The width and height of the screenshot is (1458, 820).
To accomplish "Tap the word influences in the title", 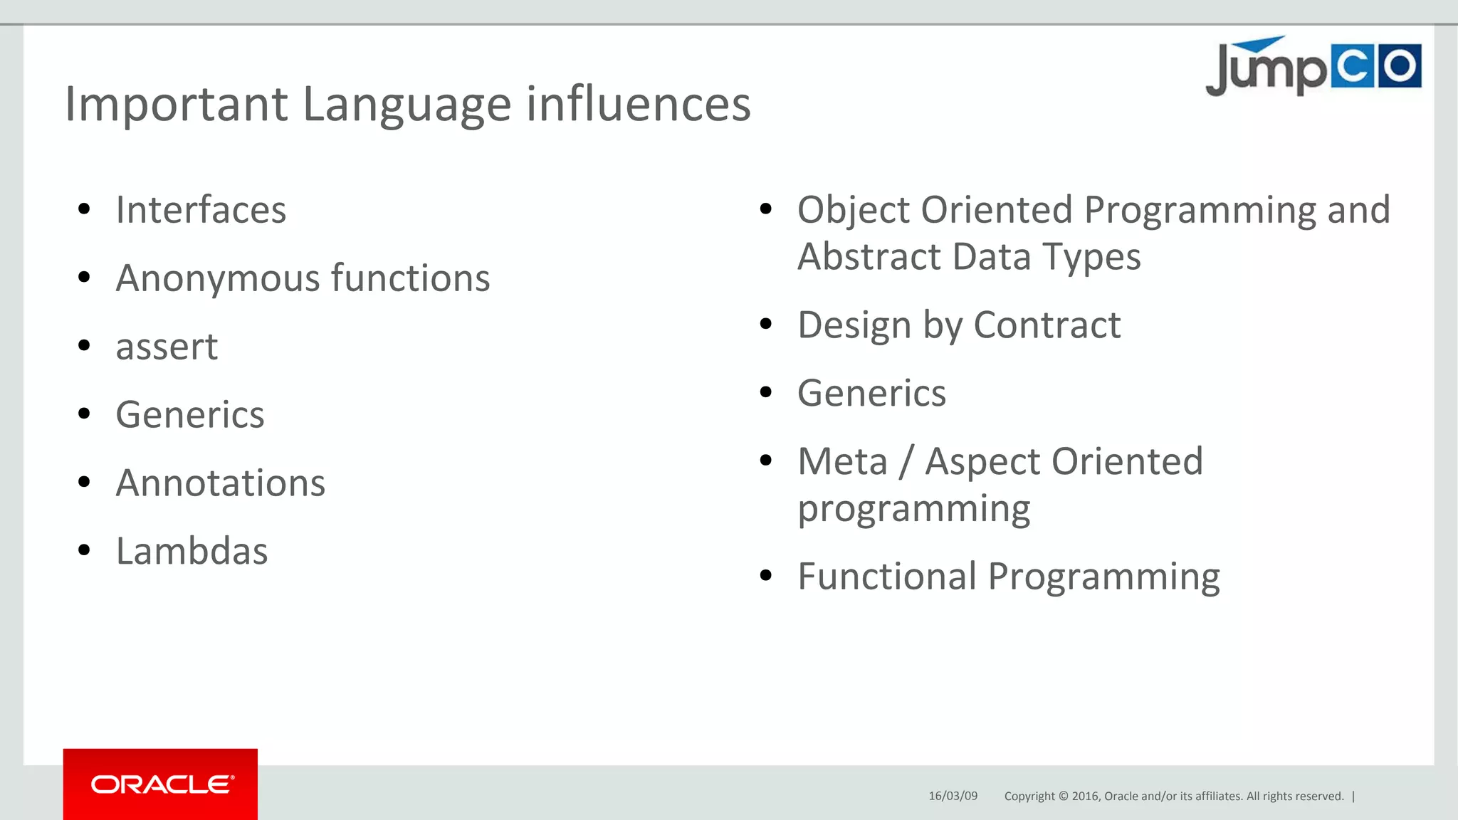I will pyautogui.click(x=638, y=105).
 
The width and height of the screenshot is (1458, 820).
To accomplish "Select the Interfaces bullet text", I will pyautogui.click(x=201, y=210).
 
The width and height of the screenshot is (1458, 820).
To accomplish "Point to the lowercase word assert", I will pyautogui.click(x=167, y=347).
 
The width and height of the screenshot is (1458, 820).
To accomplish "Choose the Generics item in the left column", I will pyautogui.click(x=190, y=415).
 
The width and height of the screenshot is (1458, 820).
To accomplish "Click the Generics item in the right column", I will pyautogui.click(x=871, y=394).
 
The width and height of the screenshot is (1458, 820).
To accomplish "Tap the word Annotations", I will pyautogui.click(x=221, y=483).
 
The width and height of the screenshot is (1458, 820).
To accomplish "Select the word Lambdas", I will pyautogui.click(x=192, y=552).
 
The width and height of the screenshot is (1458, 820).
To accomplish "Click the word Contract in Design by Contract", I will pyautogui.click(x=1047, y=325).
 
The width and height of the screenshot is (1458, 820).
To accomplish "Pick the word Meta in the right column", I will pyautogui.click(x=842, y=462).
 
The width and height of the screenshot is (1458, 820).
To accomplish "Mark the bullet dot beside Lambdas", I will pyautogui.click(x=85, y=550).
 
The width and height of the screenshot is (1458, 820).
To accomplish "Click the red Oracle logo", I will pyautogui.click(x=161, y=784).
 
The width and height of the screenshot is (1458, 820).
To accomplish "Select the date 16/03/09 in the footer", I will pyautogui.click(x=953, y=796).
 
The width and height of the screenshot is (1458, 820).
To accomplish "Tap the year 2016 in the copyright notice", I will pyautogui.click(x=1086, y=796).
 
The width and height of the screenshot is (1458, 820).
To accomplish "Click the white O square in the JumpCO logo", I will pyautogui.click(x=1400, y=66).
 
